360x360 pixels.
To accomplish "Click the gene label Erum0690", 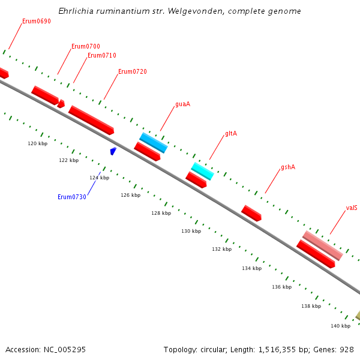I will coord(37,21).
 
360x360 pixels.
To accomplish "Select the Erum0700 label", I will coord(86,46).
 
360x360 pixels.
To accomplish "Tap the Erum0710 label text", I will coord(102,55).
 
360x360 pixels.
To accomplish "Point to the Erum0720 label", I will coord(133,71).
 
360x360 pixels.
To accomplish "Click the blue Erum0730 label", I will coord(72,197).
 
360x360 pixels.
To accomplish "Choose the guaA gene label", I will coord(182,104).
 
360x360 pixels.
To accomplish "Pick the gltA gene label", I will coord(231,133).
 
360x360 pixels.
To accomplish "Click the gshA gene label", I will coord(288,167).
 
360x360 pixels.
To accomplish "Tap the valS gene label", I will coord(352,208).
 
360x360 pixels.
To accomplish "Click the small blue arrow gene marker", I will coord(113,151).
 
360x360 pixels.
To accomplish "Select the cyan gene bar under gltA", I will coord(202,171).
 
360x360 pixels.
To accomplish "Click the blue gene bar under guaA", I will coord(154,143).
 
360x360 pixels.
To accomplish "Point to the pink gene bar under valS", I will coord(323,245).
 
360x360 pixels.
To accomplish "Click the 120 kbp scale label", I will coord(38,143).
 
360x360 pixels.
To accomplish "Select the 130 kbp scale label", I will coord(191,231).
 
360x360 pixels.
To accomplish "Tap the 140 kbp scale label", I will coord(340,326).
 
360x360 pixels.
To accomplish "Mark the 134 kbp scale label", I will coord(252,268).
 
